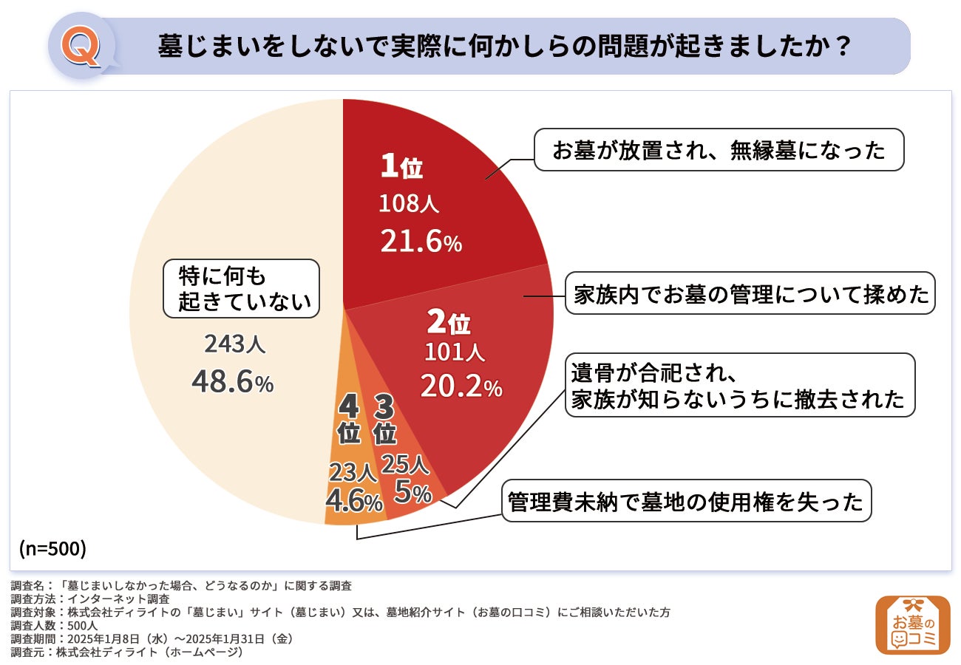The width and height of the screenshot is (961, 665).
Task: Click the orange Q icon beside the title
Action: click(81, 47)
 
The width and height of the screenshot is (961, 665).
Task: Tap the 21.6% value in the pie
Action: click(421, 241)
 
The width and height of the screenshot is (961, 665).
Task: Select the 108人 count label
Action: click(409, 204)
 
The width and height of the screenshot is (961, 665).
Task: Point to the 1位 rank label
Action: click(401, 168)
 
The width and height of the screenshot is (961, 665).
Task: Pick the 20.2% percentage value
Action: click(461, 385)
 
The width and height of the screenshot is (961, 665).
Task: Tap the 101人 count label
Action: click(455, 353)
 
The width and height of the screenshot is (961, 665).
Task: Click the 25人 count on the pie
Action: click(404, 464)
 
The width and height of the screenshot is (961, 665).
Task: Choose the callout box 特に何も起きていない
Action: click(241, 288)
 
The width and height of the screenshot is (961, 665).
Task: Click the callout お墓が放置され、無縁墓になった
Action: click(719, 150)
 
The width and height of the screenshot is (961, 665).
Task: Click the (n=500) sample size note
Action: click(52, 548)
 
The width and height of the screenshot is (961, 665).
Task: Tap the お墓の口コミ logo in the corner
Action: click(912, 625)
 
